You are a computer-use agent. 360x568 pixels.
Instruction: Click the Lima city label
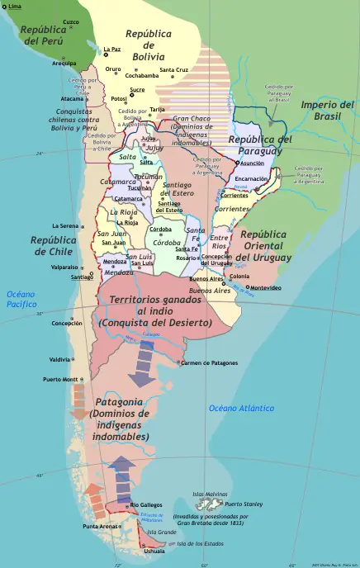click(16, 7)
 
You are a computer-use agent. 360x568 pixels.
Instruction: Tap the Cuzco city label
click(71, 22)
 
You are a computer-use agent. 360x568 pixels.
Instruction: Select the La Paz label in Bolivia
click(112, 50)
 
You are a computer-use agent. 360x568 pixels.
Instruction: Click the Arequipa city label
click(64, 63)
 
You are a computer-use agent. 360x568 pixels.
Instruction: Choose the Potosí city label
click(119, 98)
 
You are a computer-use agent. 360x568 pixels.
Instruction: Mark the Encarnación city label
click(251, 178)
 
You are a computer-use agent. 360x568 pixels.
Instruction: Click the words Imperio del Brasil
click(328, 110)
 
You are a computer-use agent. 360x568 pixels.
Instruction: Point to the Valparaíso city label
click(64, 267)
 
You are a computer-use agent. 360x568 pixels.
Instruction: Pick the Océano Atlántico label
click(241, 408)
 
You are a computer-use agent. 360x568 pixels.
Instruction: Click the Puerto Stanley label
click(244, 504)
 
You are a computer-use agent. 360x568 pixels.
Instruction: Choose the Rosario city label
click(187, 258)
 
